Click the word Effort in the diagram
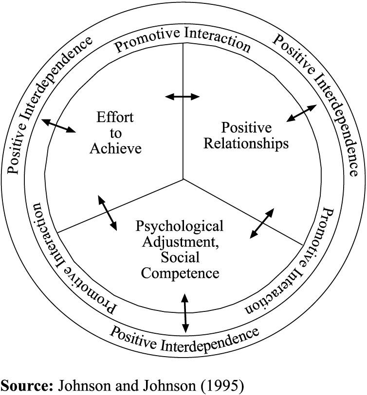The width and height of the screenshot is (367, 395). tap(115, 117)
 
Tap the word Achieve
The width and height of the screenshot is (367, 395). tap(115, 148)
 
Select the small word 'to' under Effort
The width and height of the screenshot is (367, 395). tap(115, 133)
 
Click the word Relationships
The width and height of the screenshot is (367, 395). tap(246, 144)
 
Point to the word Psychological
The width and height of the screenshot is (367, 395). tap(180, 226)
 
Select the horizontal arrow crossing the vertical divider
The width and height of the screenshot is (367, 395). tap(183, 97)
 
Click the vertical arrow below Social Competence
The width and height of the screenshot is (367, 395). tap(184, 311)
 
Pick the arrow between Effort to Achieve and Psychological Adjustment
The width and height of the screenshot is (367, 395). tap(108, 212)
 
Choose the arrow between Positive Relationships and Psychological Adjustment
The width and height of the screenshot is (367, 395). tap(262, 223)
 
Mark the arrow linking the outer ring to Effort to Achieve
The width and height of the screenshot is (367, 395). tap(59, 125)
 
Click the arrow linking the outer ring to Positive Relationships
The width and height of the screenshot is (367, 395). tap(301, 114)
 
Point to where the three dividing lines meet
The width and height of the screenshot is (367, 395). tap(183, 179)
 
